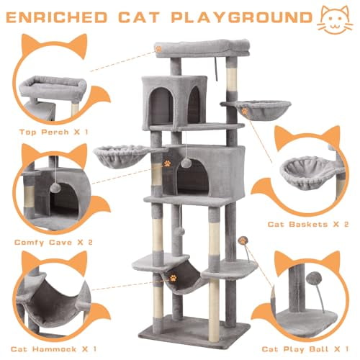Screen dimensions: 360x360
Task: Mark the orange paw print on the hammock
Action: pyautogui.click(x=174, y=276)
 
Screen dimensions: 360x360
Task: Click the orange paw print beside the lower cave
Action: pyautogui.click(x=167, y=163)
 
